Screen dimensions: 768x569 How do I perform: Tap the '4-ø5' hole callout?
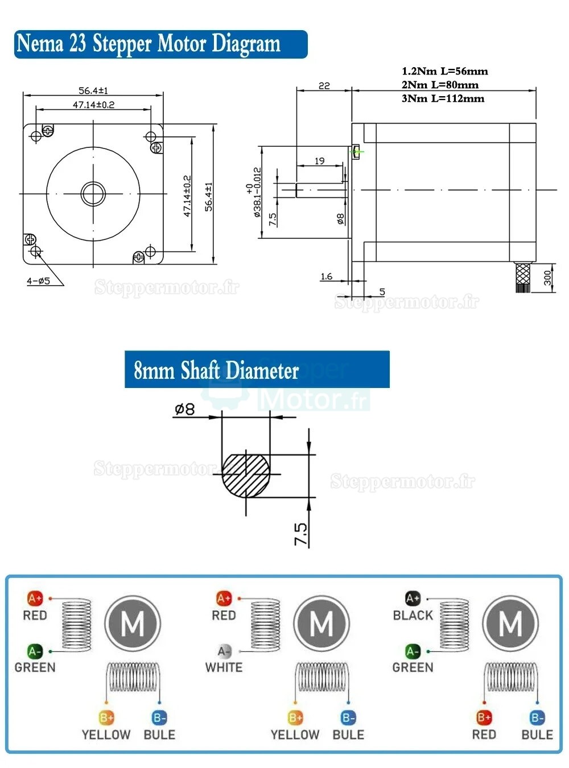[39, 280]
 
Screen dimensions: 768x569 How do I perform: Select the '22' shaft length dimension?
[324, 85]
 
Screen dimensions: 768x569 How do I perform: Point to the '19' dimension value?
[320, 161]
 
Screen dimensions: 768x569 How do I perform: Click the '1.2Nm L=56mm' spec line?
[444, 71]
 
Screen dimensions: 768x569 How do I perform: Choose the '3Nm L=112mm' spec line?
[443, 98]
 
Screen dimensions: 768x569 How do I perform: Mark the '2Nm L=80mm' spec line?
[440, 85]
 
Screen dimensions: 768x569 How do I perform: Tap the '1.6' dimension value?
[326, 276]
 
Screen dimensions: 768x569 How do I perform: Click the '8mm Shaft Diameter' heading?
[216, 370]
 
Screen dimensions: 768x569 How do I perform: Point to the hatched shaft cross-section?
[246, 475]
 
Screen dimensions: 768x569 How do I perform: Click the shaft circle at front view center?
[93, 193]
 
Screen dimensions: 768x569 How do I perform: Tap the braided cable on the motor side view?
[522, 277]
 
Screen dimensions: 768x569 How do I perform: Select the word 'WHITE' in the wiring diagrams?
[224, 667]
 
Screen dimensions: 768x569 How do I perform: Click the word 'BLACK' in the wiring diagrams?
[413, 615]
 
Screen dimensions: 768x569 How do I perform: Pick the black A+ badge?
[413, 598]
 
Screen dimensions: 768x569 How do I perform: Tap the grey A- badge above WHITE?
[224, 651]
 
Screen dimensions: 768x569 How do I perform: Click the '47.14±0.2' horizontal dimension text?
[93, 105]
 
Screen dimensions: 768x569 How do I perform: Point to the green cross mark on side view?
[357, 151]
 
